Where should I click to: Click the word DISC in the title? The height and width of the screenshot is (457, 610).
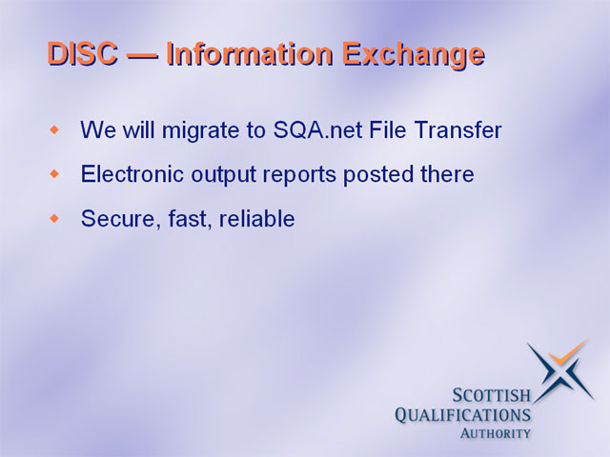click(x=83, y=53)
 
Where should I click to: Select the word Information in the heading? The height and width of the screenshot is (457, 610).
click(x=250, y=53)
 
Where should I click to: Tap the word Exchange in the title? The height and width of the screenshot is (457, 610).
click(x=414, y=56)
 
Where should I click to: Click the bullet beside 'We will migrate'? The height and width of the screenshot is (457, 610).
click(x=55, y=129)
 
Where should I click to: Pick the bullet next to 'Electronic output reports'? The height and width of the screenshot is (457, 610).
click(x=55, y=173)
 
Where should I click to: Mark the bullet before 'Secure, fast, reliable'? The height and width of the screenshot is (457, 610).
click(x=55, y=218)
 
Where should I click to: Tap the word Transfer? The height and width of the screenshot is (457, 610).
click(x=457, y=129)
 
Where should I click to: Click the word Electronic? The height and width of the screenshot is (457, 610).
click(x=132, y=174)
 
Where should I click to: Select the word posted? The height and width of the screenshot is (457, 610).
click(x=377, y=175)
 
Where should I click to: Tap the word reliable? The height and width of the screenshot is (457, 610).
click(x=256, y=218)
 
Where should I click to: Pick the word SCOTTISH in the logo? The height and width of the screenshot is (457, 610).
click(x=492, y=396)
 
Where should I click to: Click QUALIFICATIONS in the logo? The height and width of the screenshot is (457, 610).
click(x=463, y=415)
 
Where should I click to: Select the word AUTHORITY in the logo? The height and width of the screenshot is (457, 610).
click(x=496, y=433)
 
